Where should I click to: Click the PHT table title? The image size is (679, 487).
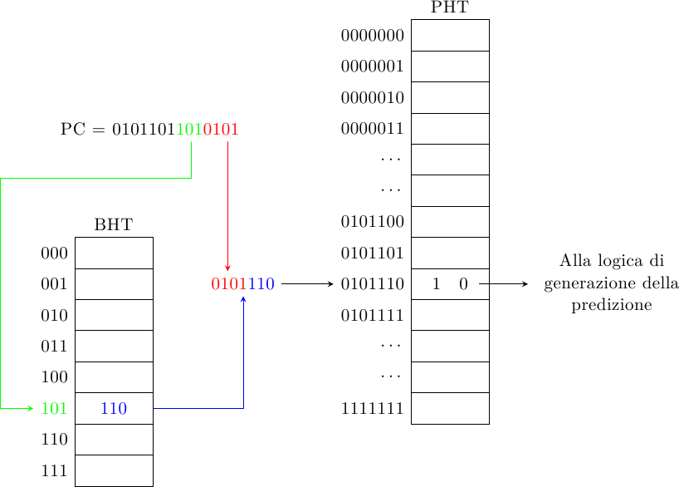(449, 7)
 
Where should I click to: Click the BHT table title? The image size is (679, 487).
(114, 224)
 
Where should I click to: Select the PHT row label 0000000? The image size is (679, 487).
(372, 35)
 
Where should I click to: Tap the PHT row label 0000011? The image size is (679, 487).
(372, 129)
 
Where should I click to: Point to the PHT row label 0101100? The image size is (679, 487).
(372, 222)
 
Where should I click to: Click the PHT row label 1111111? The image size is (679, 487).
(372, 409)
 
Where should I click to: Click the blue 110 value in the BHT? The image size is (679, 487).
(114, 409)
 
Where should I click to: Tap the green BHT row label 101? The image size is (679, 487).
(54, 409)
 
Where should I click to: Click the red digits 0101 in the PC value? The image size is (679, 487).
(221, 130)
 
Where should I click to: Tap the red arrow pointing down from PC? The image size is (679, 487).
(227, 208)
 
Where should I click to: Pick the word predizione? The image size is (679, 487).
(612, 306)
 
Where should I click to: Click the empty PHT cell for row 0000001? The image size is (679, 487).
(450, 66)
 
